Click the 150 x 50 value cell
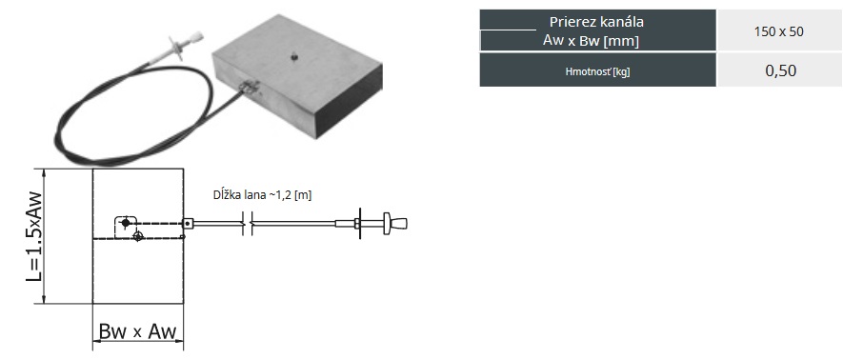[779, 31]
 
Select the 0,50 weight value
[781, 70]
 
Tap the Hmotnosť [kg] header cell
[597, 70]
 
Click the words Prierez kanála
[596, 22]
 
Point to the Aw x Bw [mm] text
[591, 40]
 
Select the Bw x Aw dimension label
[137, 331]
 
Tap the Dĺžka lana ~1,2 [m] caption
[262, 195]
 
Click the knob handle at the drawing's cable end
[395, 223]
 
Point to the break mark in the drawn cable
[247, 223]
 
